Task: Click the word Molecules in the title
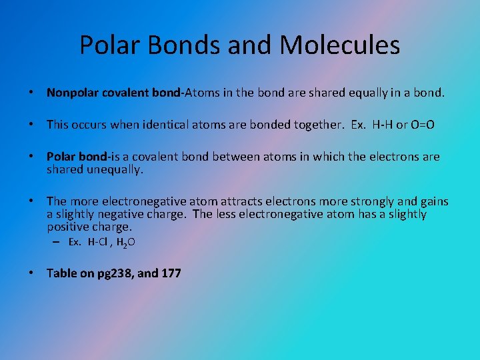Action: click(340, 45)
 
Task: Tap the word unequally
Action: click(113, 169)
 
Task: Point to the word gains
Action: click(433, 201)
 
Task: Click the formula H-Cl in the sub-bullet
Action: click(99, 242)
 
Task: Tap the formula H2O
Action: click(126, 243)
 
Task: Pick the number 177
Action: click(170, 273)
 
